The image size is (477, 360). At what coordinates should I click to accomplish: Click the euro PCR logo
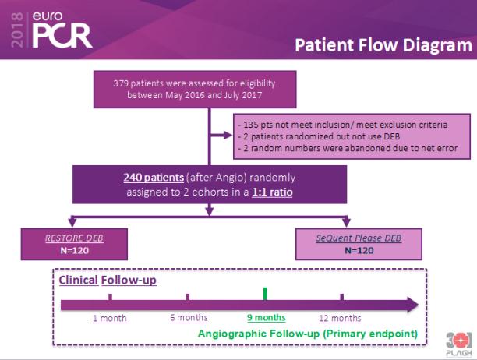62,30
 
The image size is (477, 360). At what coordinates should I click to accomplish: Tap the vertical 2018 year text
17,30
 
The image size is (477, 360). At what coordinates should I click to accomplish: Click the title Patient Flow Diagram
383,45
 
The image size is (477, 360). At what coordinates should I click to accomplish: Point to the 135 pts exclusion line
342,125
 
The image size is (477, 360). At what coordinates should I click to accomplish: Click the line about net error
348,148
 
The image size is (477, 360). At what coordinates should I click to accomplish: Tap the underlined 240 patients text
154,177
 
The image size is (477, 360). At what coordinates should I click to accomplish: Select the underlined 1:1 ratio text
272,192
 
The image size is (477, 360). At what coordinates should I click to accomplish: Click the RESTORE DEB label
74,238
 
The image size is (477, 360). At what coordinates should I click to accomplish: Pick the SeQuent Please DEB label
359,238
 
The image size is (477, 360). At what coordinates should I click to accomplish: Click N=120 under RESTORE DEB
75,251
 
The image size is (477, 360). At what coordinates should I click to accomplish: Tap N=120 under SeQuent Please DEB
359,251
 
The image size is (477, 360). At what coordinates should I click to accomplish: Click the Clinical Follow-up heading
108,280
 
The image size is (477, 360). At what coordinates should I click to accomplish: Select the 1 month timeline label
110,318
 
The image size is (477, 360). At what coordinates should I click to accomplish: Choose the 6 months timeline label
189,318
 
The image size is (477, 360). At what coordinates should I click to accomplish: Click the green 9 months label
267,318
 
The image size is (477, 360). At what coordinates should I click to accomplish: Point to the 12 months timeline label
340,318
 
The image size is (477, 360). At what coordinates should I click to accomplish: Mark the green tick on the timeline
265,294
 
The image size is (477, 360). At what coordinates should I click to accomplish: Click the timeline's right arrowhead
412,305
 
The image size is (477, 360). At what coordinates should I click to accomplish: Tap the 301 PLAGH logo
459,344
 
